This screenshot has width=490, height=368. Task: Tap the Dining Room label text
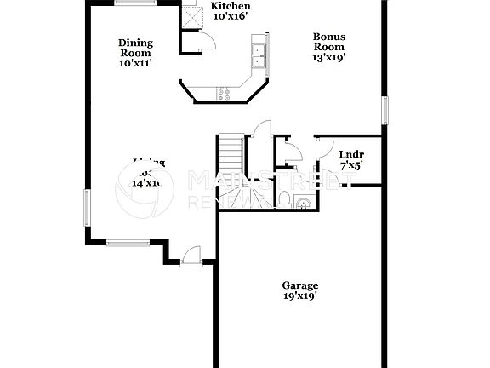click(134, 48)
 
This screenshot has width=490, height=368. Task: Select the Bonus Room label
click(328, 42)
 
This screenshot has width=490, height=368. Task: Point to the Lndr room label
click(351, 154)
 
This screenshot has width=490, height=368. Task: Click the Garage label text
click(300, 285)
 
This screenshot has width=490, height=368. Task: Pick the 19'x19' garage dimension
click(300, 296)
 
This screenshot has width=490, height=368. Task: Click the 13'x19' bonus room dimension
click(328, 58)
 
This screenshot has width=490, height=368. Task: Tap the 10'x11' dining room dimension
click(134, 63)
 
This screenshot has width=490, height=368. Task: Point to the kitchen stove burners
click(225, 94)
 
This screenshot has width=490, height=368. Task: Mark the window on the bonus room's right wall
click(385, 110)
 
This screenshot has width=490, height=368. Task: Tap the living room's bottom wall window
click(128, 242)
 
